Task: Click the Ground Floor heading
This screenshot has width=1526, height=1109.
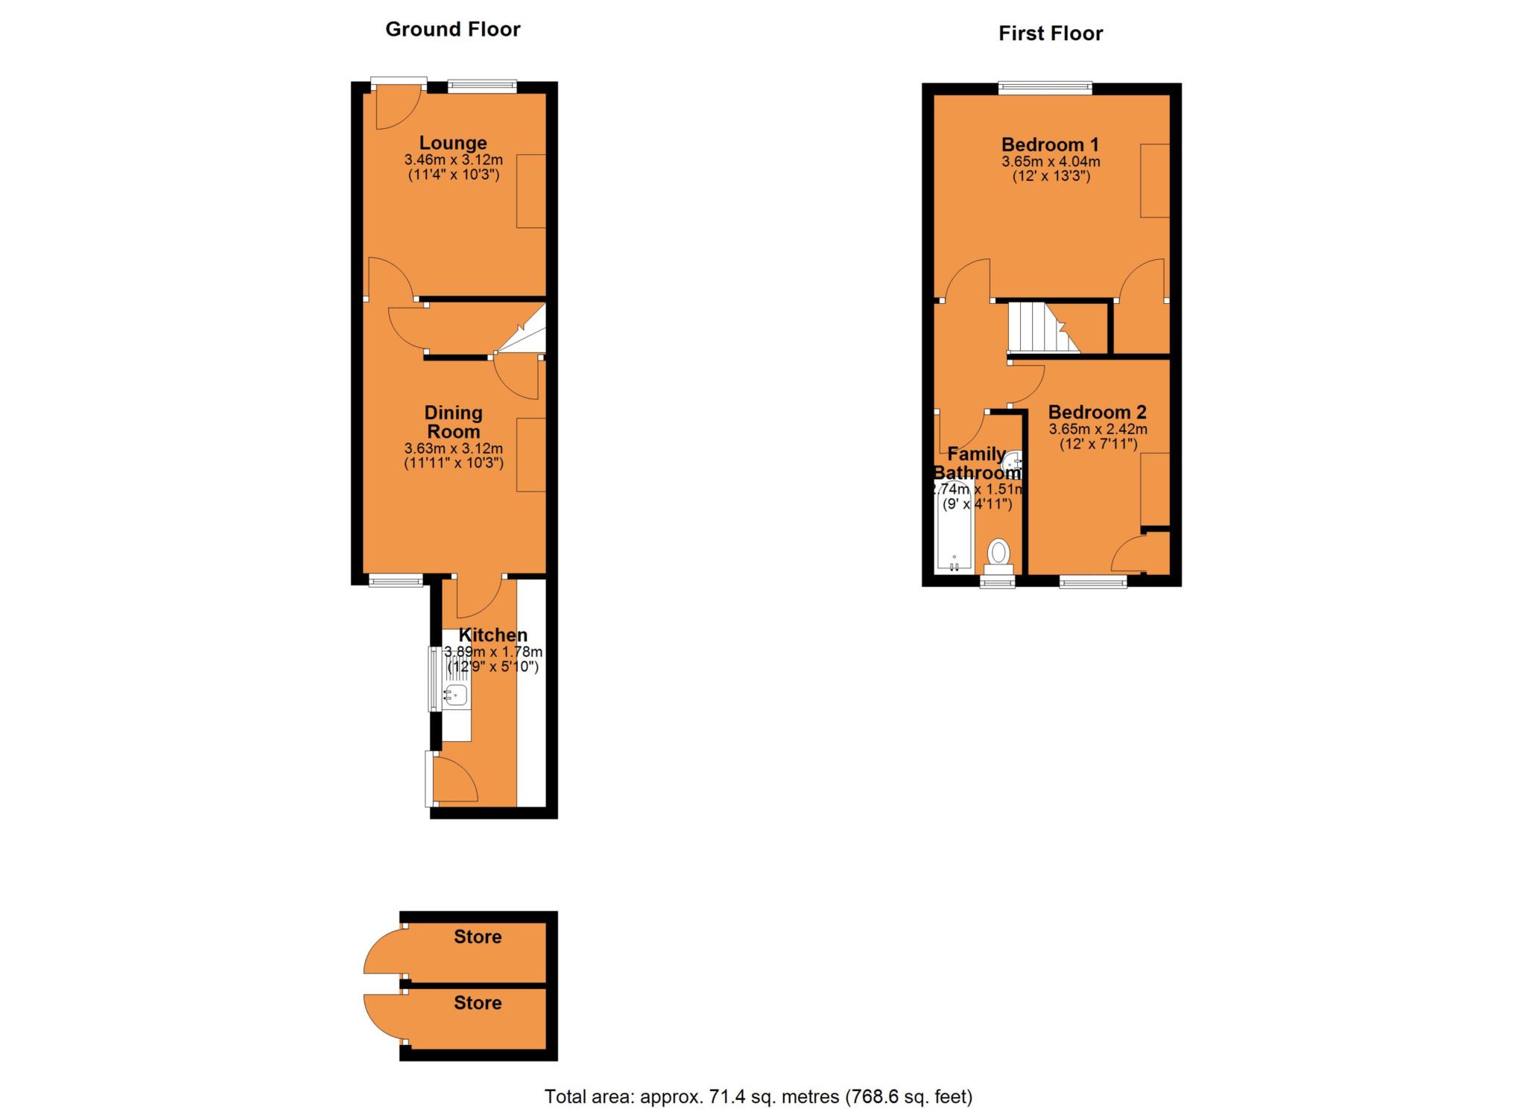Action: (452, 30)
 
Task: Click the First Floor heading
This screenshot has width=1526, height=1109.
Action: (1050, 34)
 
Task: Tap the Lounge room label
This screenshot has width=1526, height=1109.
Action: (452, 142)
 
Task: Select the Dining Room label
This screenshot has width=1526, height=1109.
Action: (453, 422)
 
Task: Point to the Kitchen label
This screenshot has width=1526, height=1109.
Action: (493, 635)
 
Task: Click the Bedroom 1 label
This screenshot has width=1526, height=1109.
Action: (1050, 144)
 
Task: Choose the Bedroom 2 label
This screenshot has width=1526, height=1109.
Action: (1097, 412)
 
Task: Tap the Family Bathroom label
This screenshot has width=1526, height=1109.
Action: (977, 463)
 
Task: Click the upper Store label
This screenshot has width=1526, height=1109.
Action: (478, 937)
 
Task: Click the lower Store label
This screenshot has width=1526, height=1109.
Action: (478, 1003)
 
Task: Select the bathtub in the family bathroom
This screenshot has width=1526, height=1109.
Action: (954, 530)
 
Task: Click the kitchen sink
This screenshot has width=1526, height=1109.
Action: (455, 696)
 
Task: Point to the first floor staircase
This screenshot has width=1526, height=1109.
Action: (1042, 327)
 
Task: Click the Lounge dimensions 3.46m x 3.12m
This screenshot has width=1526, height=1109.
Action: (453, 159)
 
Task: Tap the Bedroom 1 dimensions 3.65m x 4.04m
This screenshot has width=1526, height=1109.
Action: (1050, 162)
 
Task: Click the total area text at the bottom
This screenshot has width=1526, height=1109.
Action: (758, 1096)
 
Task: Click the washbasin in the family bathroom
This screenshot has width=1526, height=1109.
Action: (1015, 464)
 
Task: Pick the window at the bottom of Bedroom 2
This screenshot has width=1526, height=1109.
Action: (1092, 581)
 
